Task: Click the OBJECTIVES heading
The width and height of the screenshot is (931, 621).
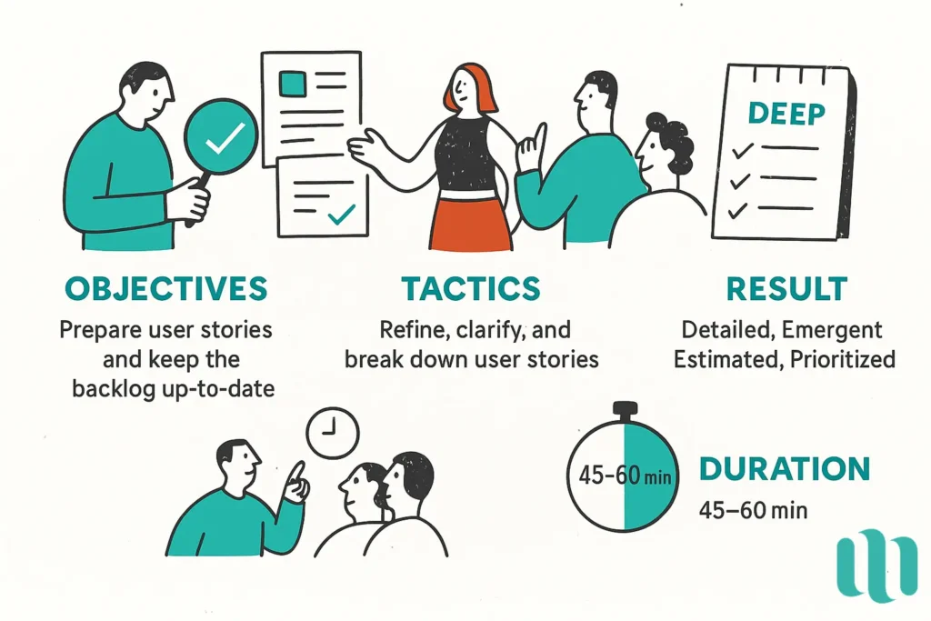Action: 166,288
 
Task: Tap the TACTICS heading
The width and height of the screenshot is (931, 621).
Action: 471,288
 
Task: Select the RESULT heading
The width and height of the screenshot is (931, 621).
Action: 786,288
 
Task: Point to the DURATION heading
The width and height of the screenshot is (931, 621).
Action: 784,469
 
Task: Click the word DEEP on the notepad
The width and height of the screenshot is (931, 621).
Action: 786,115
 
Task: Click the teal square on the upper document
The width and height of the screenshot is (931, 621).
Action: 293,85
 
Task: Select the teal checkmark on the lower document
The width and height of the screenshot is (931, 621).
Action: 341,214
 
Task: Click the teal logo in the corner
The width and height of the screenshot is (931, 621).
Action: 876,566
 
